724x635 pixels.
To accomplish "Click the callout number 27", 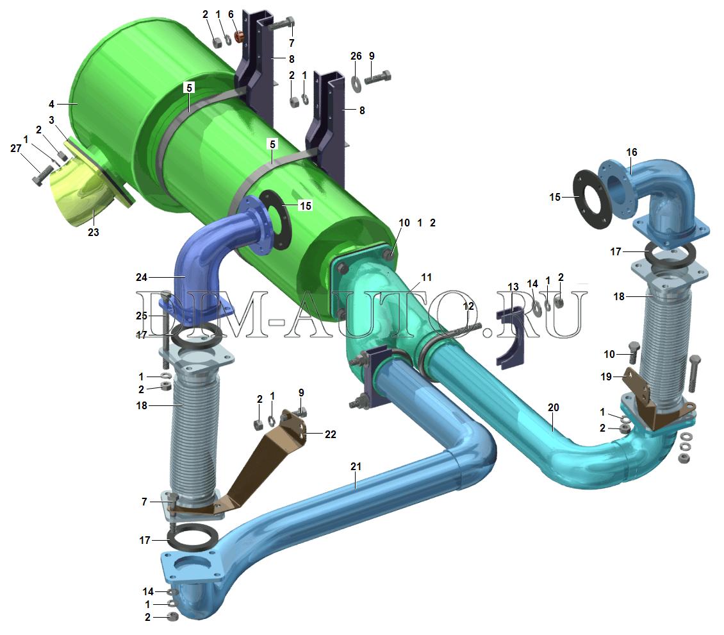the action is (16, 148).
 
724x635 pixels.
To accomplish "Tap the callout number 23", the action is (94, 232).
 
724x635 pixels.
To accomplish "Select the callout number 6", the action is (231, 14).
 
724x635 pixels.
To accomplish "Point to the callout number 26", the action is (356, 56).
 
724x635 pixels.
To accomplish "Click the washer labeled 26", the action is (356, 82).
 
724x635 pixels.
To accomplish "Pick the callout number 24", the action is (142, 277).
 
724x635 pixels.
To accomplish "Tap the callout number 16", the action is (632, 152).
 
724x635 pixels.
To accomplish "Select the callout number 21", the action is (356, 467).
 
